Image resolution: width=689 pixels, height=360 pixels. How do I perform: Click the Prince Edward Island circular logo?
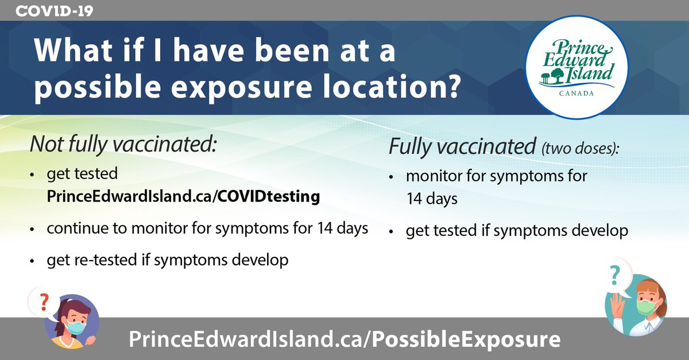(578, 64)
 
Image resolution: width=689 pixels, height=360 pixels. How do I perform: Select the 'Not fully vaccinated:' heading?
(123, 144)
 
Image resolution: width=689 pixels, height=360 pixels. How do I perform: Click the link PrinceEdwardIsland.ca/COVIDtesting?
(183, 196)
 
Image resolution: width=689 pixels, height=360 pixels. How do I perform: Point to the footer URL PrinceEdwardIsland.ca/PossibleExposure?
(344, 339)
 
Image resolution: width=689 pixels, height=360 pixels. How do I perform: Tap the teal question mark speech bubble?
(615, 276)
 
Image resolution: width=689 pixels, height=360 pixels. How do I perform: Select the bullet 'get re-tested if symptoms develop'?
(167, 260)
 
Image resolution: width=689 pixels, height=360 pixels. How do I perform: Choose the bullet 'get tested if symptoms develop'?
(517, 231)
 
